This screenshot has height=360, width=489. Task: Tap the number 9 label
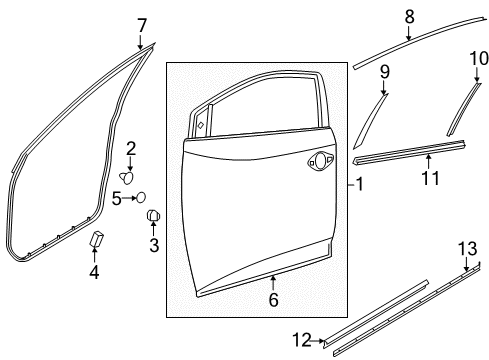point(384,71)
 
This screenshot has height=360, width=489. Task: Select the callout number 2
point(130,149)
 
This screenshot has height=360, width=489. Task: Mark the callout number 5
point(117,198)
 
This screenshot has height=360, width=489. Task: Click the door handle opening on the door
point(321,158)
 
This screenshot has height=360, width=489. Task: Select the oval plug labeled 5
point(141,197)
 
